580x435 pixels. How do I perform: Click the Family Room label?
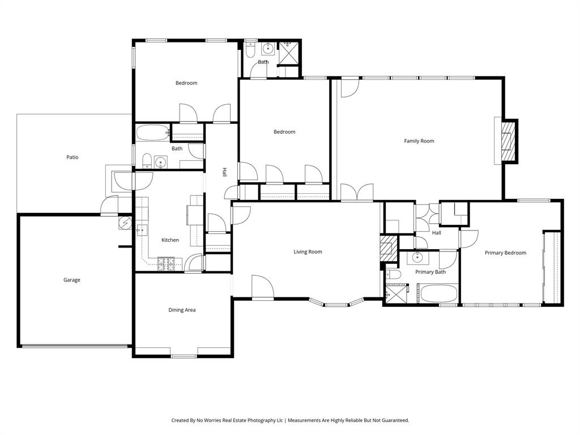pyautogui.click(x=419, y=141)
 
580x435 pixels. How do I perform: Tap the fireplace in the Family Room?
pyautogui.click(x=508, y=142)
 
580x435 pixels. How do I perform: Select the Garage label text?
pyautogui.click(x=71, y=280)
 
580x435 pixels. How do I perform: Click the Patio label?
pyautogui.click(x=72, y=157)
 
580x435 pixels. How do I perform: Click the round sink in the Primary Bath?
pyautogui.click(x=417, y=258)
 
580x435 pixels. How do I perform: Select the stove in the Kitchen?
pyautogui.click(x=166, y=262)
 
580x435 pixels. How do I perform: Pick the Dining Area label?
pyautogui.click(x=182, y=310)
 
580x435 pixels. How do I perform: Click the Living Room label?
pyautogui.click(x=308, y=252)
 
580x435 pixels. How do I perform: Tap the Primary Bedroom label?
pyautogui.click(x=505, y=253)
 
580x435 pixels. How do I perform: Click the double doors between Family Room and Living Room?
pyautogui.click(x=357, y=193)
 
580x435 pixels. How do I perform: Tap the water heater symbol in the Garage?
pyautogui.click(x=125, y=223)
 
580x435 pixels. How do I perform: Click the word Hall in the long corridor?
pyautogui.click(x=224, y=171)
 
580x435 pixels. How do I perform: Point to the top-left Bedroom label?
pyautogui.click(x=186, y=83)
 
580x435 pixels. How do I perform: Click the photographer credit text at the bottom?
pyautogui.click(x=290, y=420)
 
